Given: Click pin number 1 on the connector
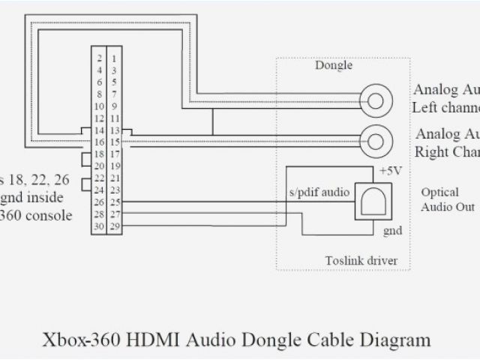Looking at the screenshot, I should [x=114, y=58].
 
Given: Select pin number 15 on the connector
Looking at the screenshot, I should [x=114, y=142].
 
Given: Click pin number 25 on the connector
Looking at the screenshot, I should [x=114, y=202].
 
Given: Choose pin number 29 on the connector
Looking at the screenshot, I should [x=114, y=226].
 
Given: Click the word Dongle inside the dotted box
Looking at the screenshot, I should [x=334, y=66].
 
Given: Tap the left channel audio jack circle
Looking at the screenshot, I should [x=375, y=99].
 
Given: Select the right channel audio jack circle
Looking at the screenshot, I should [x=375, y=139].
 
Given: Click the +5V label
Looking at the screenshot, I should [x=390, y=171].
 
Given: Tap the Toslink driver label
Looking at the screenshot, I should [x=361, y=261].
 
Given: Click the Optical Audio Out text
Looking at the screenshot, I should [x=447, y=199].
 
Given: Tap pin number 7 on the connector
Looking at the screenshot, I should [x=114, y=94].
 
